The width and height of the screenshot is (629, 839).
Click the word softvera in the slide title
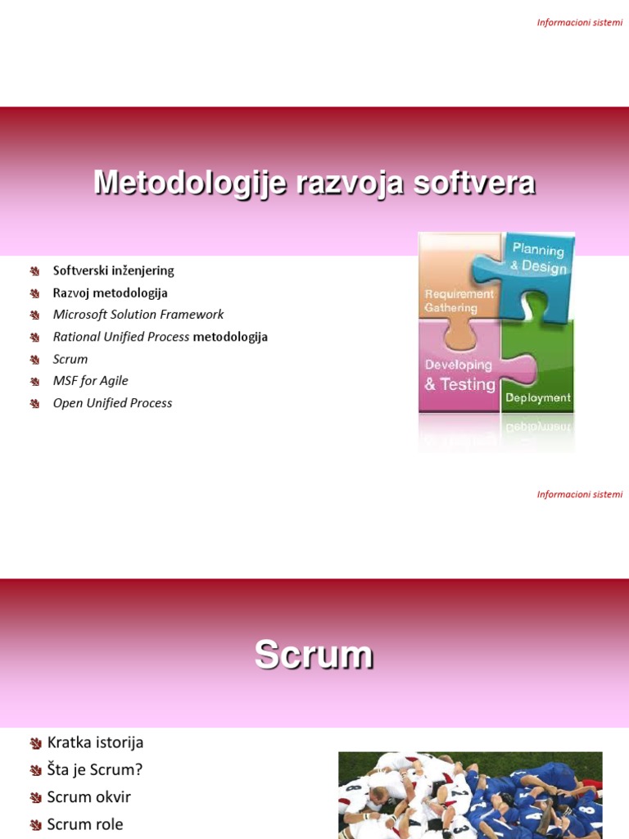click(474, 182)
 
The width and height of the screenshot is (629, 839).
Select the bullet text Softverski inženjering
click(113, 270)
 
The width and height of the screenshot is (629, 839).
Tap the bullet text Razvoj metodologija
click(111, 293)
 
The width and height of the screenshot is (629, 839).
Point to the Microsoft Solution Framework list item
click(138, 315)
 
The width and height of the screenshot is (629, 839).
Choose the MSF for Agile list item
click(90, 380)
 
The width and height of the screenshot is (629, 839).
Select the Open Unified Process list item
click(112, 403)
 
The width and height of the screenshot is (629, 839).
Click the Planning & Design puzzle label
click(538, 258)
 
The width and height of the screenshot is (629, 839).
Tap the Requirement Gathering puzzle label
click(459, 301)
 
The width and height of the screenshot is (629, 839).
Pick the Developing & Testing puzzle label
click(460, 375)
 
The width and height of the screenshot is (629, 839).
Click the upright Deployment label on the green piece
click(538, 397)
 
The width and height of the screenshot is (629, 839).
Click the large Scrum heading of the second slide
click(314, 655)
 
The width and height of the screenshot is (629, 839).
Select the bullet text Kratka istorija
click(95, 742)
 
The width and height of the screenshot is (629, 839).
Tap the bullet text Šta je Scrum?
click(95, 769)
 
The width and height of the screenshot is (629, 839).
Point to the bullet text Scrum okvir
click(88, 796)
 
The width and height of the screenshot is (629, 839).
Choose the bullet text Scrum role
click(85, 824)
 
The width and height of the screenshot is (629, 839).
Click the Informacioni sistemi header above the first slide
click(580, 22)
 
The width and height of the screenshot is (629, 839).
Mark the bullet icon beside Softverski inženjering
click(34, 271)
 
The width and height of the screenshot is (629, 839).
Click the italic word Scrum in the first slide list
click(70, 359)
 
